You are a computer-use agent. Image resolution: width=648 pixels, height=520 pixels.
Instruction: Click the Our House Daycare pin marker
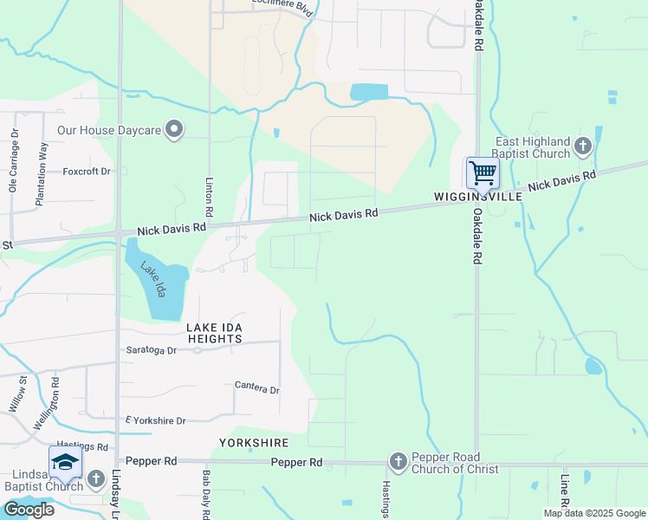tap(174, 131)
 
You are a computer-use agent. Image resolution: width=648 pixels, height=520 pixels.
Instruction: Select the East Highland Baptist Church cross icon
tap(582, 146)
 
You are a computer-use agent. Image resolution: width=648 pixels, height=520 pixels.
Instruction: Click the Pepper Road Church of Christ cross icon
tap(399, 462)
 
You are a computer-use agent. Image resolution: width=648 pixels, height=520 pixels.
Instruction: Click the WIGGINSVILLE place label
tap(478, 198)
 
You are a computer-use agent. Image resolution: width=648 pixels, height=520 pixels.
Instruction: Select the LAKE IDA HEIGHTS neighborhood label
tap(214, 333)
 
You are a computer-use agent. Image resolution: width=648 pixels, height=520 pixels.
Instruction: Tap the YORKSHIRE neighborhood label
tap(254, 443)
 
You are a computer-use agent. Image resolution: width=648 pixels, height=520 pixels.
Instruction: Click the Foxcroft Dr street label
tap(87, 172)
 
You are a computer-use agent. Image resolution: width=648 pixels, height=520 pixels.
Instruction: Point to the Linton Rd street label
tap(209, 198)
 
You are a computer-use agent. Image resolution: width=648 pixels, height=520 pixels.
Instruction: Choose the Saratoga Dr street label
tap(152, 351)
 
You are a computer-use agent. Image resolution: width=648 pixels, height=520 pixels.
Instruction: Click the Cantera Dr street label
tap(256, 389)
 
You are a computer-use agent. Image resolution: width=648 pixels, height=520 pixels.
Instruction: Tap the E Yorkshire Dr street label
tap(156, 421)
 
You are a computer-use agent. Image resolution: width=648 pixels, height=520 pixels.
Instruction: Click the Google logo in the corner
tap(29, 510)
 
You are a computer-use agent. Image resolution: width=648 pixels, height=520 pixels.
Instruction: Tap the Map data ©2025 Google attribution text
tap(594, 513)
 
